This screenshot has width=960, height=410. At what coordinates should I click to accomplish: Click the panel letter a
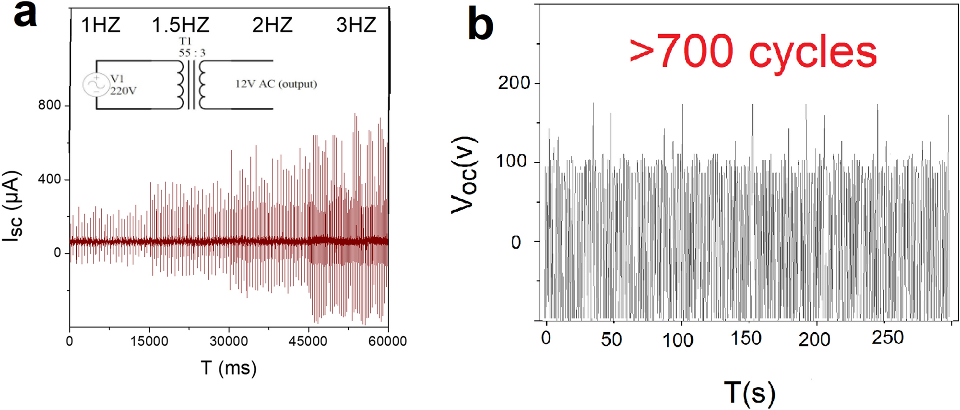(25, 16)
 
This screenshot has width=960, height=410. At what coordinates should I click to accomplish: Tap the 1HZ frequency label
(100, 25)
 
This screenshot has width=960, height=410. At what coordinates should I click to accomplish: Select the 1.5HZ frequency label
(180, 25)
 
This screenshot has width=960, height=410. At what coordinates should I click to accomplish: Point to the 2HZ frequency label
(272, 25)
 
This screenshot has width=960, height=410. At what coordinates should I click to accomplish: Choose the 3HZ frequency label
(356, 25)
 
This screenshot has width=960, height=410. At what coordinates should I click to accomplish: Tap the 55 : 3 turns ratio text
(192, 53)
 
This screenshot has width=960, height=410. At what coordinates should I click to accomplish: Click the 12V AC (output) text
(276, 84)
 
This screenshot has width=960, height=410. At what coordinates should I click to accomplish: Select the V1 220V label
(123, 85)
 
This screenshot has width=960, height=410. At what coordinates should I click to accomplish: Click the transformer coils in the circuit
(191, 85)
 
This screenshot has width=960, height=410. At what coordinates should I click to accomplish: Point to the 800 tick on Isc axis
(49, 105)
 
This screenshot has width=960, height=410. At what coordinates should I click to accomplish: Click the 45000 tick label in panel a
(308, 341)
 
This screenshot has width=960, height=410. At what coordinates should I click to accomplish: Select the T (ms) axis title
(228, 368)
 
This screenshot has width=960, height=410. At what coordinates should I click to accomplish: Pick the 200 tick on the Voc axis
(513, 83)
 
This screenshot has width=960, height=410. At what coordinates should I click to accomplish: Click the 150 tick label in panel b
(746, 338)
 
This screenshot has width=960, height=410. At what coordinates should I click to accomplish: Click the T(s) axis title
(749, 392)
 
